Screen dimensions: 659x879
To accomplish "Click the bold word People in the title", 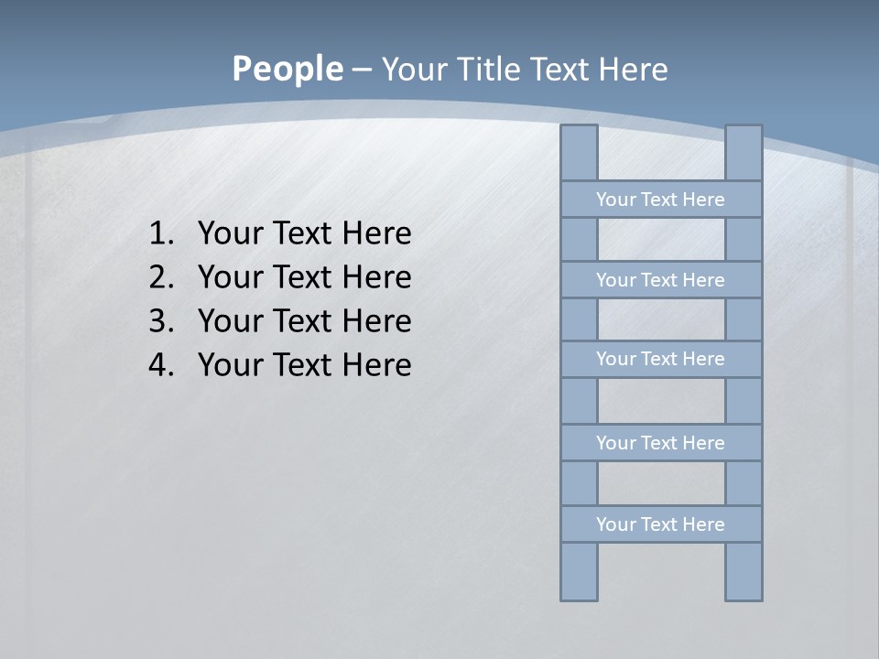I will [x=287, y=69].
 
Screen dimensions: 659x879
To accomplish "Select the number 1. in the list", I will [x=161, y=233].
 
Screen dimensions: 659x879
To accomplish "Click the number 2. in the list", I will [x=161, y=277].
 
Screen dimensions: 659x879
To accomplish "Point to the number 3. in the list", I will [x=161, y=321].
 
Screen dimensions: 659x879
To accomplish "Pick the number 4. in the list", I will [x=161, y=365].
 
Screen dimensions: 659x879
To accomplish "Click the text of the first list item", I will [x=304, y=233].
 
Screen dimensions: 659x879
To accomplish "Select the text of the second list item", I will [x=304, y=277].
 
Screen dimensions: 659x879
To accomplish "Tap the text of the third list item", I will [x=304, y=321].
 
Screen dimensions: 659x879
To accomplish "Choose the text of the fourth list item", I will [x=304, y=365].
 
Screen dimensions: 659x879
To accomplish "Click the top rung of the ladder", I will [x=661, y=200].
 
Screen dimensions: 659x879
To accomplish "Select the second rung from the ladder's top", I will [x=661, y=280].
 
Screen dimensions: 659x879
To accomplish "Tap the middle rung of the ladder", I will [x=661, y=360].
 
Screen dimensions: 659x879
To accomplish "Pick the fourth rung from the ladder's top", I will [x=661, y=443].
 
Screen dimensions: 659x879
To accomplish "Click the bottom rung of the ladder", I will [x=661, y=524].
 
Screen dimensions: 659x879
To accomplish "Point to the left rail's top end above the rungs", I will [x=579, y=153].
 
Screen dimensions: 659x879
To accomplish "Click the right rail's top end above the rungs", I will [x=743, y=153].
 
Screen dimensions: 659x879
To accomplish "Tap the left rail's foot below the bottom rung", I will [x=579, y=572].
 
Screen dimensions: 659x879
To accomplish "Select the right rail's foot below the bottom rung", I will [x=743, y=572].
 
